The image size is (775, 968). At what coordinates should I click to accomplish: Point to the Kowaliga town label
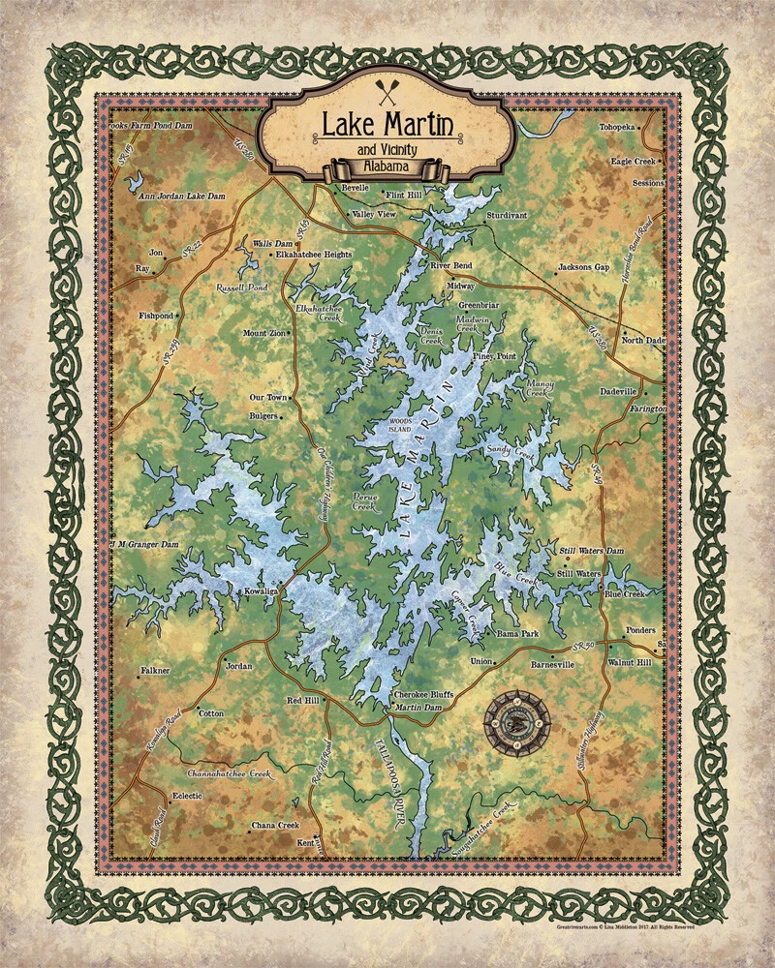262,589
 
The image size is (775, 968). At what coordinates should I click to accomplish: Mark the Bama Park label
516,633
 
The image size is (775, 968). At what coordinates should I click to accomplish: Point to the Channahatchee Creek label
229,774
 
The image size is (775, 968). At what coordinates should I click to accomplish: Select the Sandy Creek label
510,451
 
